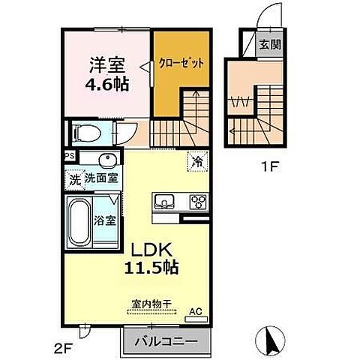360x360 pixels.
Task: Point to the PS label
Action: (x=69, y=157)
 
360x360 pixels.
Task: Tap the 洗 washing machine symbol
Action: (x=73, y=178)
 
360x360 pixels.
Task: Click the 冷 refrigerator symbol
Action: (x=196, y=160)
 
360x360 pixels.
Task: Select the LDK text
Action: (x=154, y=248)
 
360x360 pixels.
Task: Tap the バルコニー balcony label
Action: (x=166, y=340)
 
